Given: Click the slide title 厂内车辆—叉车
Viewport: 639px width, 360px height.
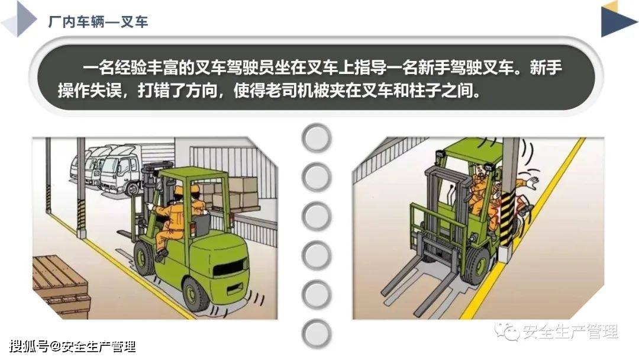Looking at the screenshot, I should [x=98, y=22].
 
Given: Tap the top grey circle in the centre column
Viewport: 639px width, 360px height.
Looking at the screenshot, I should [x=317, y=138].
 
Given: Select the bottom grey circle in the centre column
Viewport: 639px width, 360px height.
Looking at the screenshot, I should [x=317, y=332].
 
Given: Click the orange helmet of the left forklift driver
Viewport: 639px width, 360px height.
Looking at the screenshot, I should [x=179, y=190].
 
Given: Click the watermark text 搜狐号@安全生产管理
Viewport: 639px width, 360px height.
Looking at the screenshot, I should [x=72, y=346].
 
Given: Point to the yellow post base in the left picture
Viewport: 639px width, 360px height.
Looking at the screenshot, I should [x=81, y=233].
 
